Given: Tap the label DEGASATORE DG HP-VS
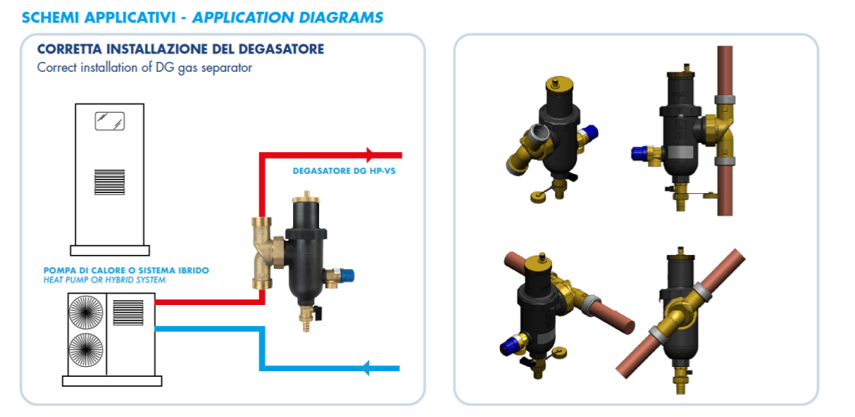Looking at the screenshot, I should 343,171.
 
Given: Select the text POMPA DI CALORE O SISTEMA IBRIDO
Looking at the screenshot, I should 125,271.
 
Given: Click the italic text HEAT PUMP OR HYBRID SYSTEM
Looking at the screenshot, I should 104,280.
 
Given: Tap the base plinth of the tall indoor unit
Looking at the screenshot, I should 111,250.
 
